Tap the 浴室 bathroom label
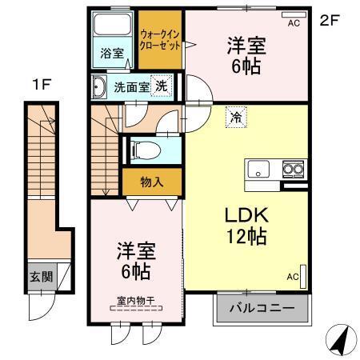(112, 54)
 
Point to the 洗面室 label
(130, 87)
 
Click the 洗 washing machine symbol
(161, 86)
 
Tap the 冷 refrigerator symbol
(236, 116)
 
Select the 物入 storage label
(151, 182)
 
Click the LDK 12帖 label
(234, 226)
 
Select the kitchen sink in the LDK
(261, 168)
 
